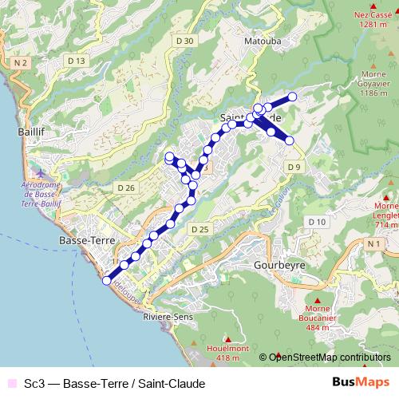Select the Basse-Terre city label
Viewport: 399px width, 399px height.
pos(88,239)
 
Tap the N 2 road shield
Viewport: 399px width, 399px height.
pos(21,61)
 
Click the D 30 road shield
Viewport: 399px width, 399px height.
pos(184,41)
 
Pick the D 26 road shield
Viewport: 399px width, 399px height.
pos(126,188)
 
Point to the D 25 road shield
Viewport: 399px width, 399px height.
pos(199,229)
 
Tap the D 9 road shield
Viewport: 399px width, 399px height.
pos(294,166)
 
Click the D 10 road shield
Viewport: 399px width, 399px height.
pos(318,221)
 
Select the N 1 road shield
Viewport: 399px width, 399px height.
pos(373,243)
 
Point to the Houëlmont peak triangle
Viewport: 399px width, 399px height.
pos(227,338)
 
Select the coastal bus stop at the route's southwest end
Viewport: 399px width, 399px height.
pos(106,279)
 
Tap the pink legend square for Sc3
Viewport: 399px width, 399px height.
pos(10,383)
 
